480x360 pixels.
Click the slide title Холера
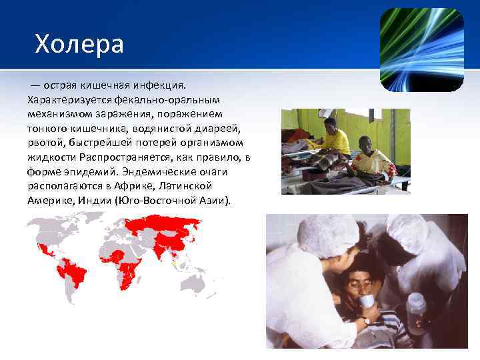pyautogui.click(x=79, y=45)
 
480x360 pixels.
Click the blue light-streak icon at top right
pyautogui.click(x=421, y=49)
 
